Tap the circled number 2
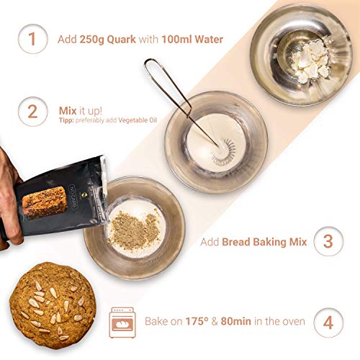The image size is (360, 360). [32, 112]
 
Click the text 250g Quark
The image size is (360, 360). [109, 39]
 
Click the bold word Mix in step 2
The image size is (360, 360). [68, 110]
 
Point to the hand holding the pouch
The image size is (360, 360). [9, 173]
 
